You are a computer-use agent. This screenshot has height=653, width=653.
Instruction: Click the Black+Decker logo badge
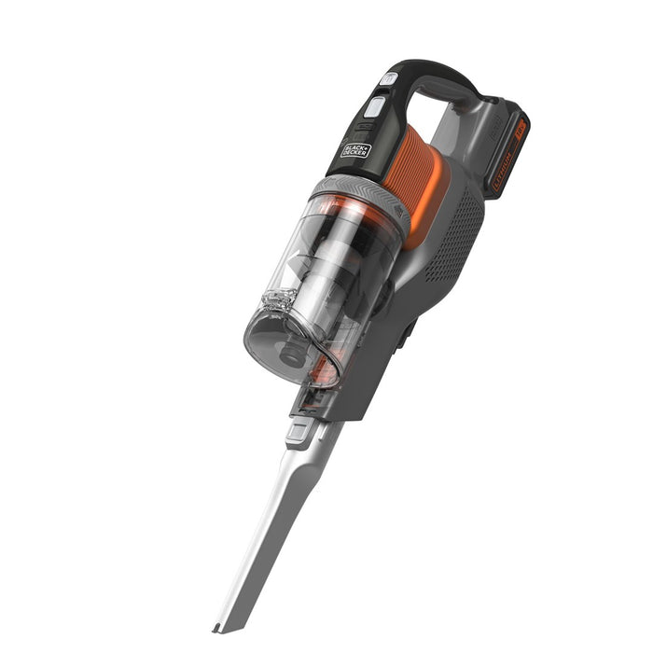(355, 149)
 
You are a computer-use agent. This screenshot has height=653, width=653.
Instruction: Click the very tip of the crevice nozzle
(218, 626)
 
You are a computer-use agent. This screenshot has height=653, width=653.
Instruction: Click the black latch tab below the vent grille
(407, 332)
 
